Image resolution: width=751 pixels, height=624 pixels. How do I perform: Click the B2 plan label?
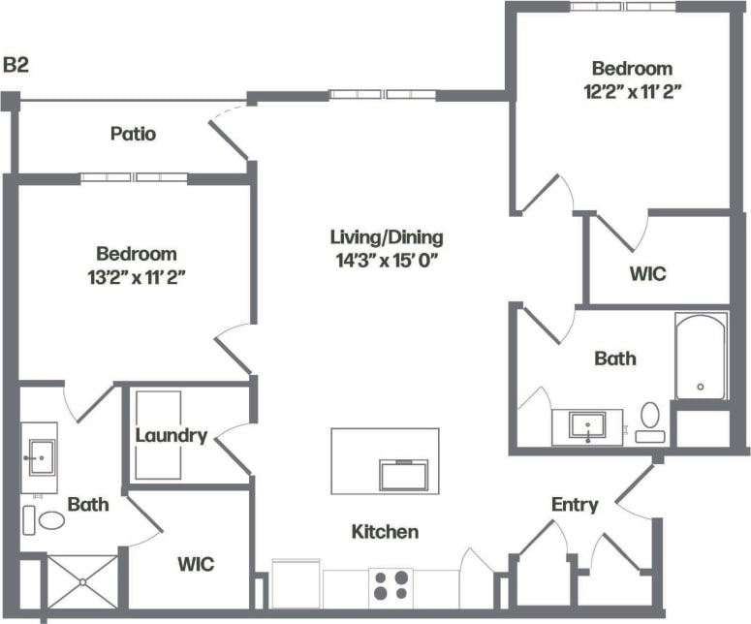click(16, 66)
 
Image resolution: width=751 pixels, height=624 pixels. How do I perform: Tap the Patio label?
click(133, 134)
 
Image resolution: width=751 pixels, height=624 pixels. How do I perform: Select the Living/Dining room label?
click(387, 236)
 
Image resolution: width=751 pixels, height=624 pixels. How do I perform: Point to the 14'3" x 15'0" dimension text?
click(387, 259)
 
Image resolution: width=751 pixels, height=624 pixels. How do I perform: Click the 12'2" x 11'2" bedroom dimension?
click(632, 92)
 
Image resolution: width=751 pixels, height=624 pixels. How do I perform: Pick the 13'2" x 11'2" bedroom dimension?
click(137, 277)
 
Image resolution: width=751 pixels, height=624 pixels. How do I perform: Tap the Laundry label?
click(171, 435)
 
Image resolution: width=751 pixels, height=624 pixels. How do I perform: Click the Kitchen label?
click(385, 531)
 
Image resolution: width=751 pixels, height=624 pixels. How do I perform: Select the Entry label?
click(575, 505)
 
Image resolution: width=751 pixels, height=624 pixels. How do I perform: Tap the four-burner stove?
click(391, 587)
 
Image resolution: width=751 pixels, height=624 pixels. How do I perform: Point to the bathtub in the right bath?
click(700, 356)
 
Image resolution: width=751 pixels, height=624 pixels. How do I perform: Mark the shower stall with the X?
click(82, 582)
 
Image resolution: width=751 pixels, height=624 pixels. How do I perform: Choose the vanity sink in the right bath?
click(587, 425)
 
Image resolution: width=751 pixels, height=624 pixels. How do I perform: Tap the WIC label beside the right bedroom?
click(647, 273)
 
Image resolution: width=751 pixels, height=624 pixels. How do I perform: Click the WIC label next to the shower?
click(195, 564)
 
